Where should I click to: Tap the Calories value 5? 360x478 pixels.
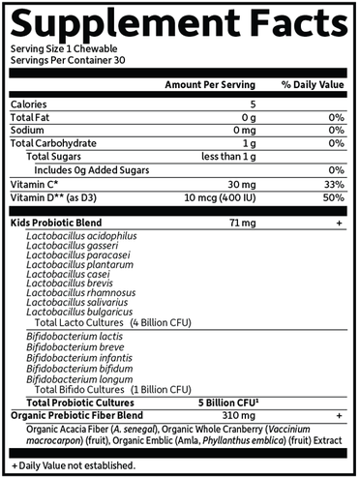click(252, 105)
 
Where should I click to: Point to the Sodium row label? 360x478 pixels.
click(28, 130)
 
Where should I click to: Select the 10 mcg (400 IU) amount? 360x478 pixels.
click(222, 197)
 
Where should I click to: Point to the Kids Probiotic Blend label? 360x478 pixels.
click(56, 223)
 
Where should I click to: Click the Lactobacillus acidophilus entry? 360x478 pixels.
click(82, 235)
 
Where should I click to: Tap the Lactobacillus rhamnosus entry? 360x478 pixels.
click(82, 293)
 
